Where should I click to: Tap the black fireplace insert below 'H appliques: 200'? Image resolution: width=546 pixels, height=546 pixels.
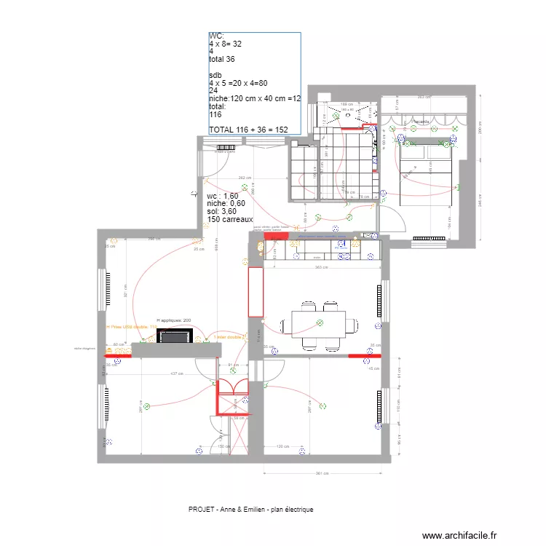point(175,336)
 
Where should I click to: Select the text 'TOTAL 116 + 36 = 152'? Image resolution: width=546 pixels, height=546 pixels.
point(248,130)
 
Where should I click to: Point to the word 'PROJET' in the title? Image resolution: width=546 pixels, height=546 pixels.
point(201,510)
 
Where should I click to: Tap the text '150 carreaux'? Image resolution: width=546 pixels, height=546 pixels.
point(230,219)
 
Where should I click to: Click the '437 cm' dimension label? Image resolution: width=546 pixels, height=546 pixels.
point(176,374)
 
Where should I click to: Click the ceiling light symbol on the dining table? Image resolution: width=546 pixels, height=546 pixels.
point(319,322)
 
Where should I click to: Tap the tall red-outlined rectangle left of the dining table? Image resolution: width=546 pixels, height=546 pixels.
point(255,292)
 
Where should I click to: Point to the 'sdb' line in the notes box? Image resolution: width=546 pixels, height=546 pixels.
point(215,75)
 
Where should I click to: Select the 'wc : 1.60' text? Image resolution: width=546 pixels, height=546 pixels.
point(223,197)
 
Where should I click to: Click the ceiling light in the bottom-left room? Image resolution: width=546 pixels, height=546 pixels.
point(146,407)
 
